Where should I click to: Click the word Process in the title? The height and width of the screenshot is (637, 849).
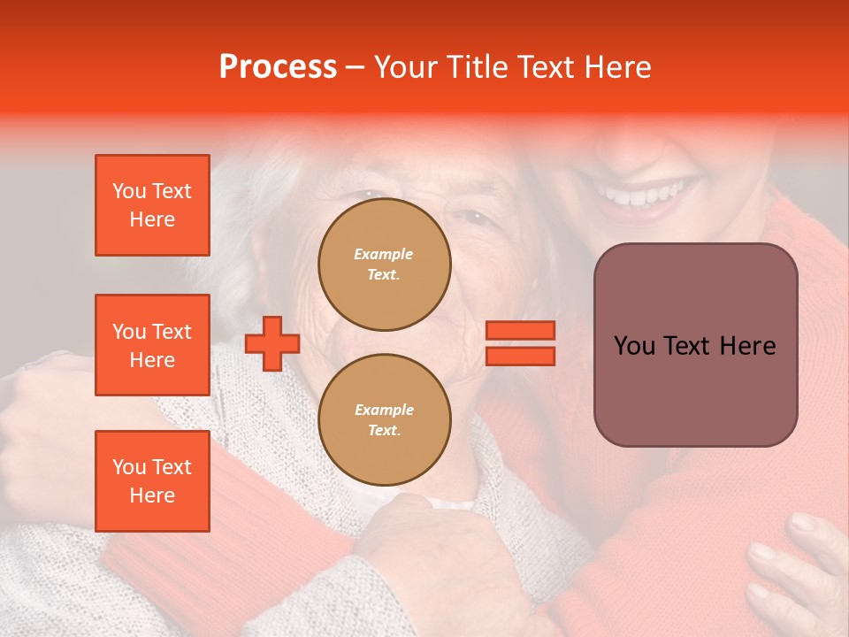(278, 67)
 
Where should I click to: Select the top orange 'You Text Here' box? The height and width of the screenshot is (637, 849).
(152, 205)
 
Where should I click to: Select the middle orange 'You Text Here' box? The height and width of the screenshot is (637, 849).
(152, 345)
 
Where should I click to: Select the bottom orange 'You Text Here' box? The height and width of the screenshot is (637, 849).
(152, 480)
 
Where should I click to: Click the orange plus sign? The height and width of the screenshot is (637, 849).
(272, 343)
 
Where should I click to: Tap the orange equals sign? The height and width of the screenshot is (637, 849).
(520, 343)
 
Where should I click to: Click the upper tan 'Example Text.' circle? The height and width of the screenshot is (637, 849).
(384, 264)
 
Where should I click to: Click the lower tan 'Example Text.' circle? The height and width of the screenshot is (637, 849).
(384, 419)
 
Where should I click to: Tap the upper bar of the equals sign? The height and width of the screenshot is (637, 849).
(520, 330)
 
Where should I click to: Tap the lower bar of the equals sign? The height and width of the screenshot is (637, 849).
(520, 356)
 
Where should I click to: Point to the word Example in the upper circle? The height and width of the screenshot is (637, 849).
(384, 254)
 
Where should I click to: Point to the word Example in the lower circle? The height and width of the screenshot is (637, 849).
(384, 410)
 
